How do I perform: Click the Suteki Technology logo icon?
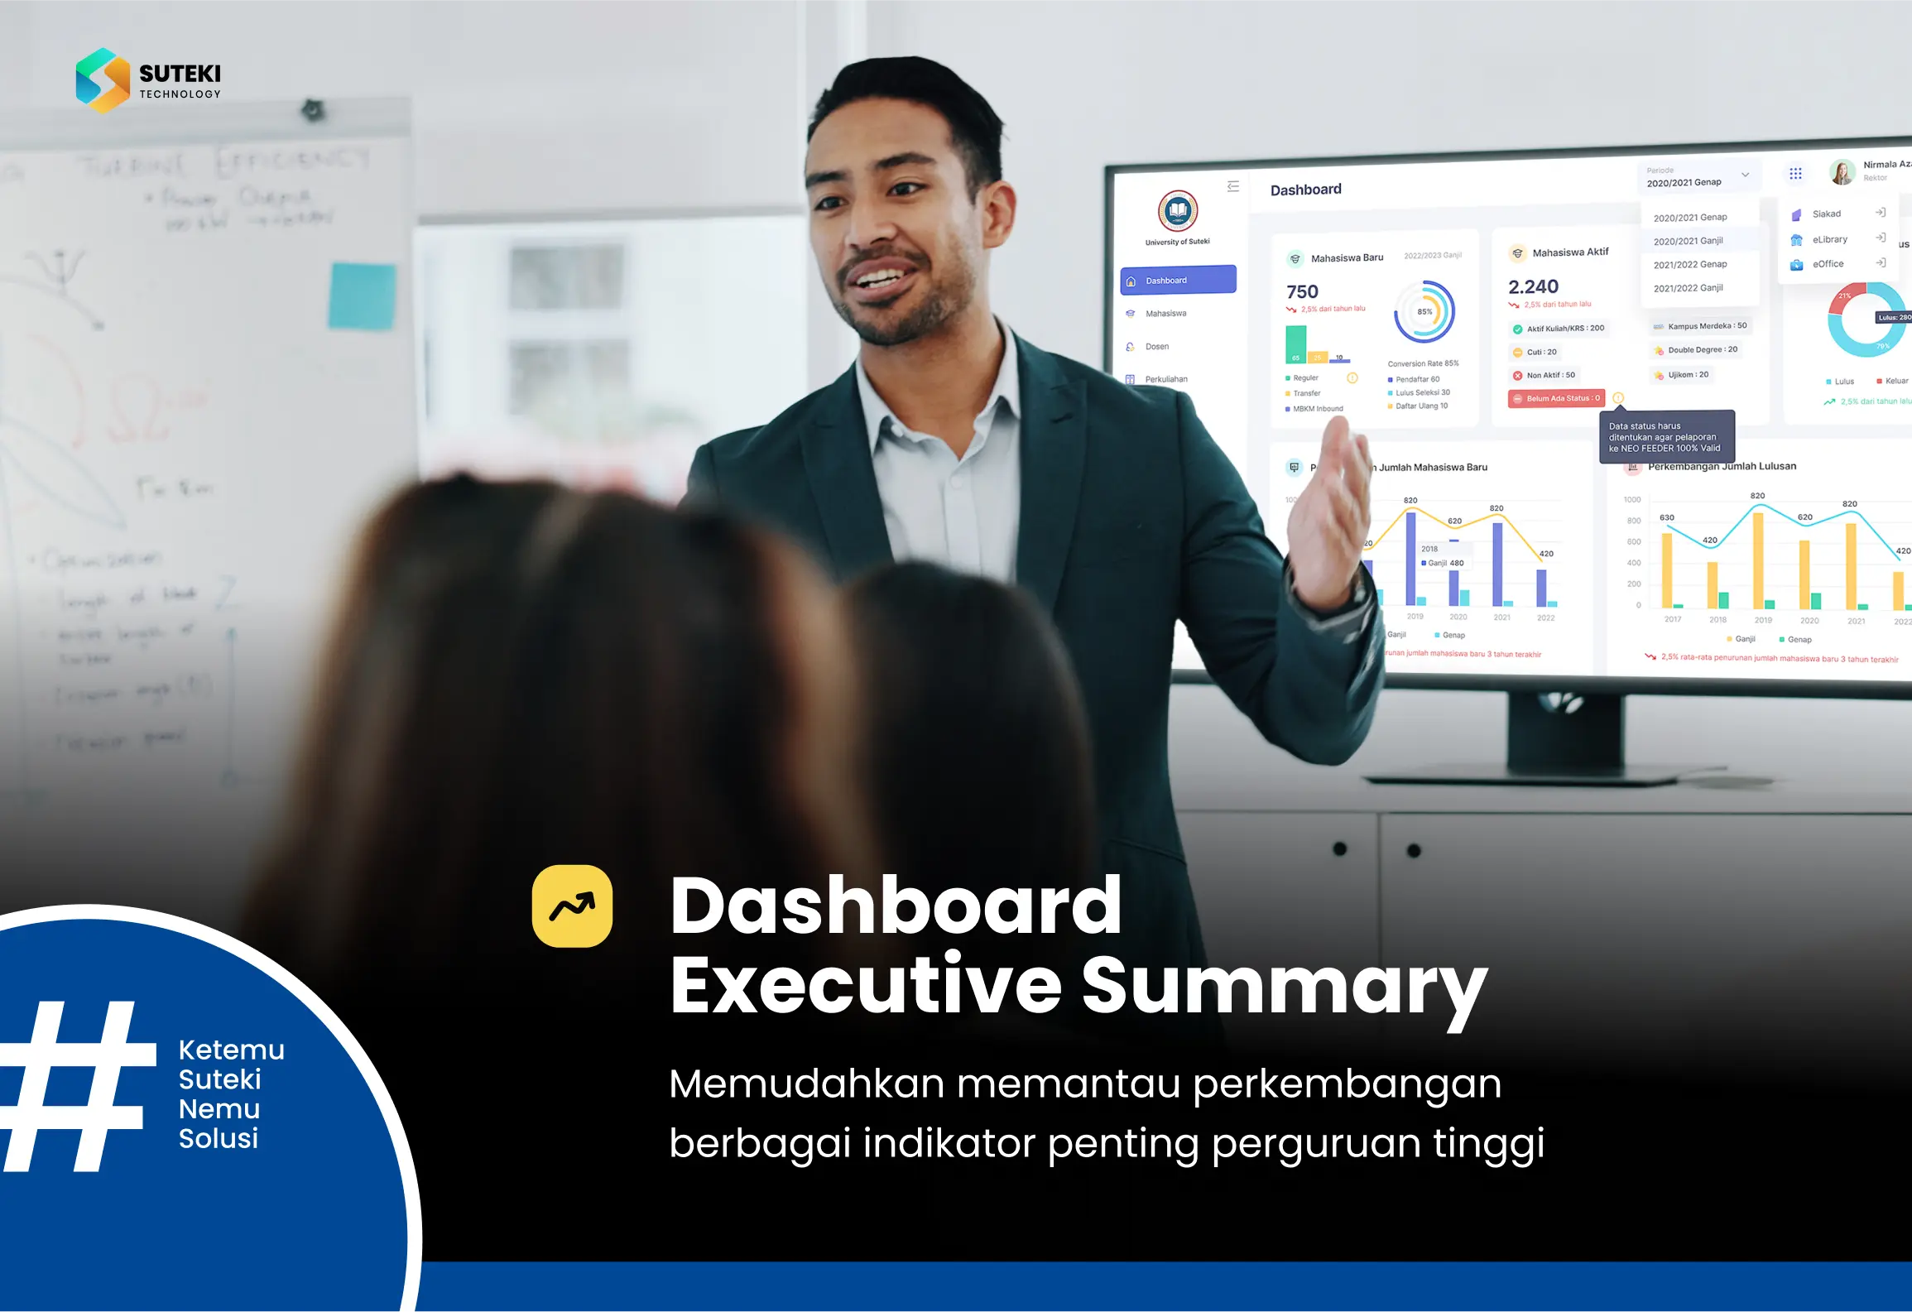(x=103, y=80)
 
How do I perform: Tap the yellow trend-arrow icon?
(x=572, y=906)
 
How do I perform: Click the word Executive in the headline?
(x=865, y=985)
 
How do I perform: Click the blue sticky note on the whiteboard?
(x=362, y=296)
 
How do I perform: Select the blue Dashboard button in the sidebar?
(x=1178, y=281)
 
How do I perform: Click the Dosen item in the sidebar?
(x=1156, y=347)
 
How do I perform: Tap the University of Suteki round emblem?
(x=1178, y=212)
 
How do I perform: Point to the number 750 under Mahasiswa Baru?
(x=1302, y=292)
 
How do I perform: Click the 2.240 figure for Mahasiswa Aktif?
(x=1533, y=287)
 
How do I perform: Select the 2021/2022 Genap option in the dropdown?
(x=1690, y=265)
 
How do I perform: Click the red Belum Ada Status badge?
(x=1556, y=399)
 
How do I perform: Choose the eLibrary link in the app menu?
(x=1829, y=239)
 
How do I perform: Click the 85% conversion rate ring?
(x=1424, y=312)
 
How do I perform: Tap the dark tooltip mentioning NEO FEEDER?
(x=1665, y=437)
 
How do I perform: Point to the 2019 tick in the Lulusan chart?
(x=1763, y=620)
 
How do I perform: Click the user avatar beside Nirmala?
(x=1842, y=172)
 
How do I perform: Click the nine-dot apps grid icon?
(x=1795, y=174)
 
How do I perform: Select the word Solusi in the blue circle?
(x=219, y=1139)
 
